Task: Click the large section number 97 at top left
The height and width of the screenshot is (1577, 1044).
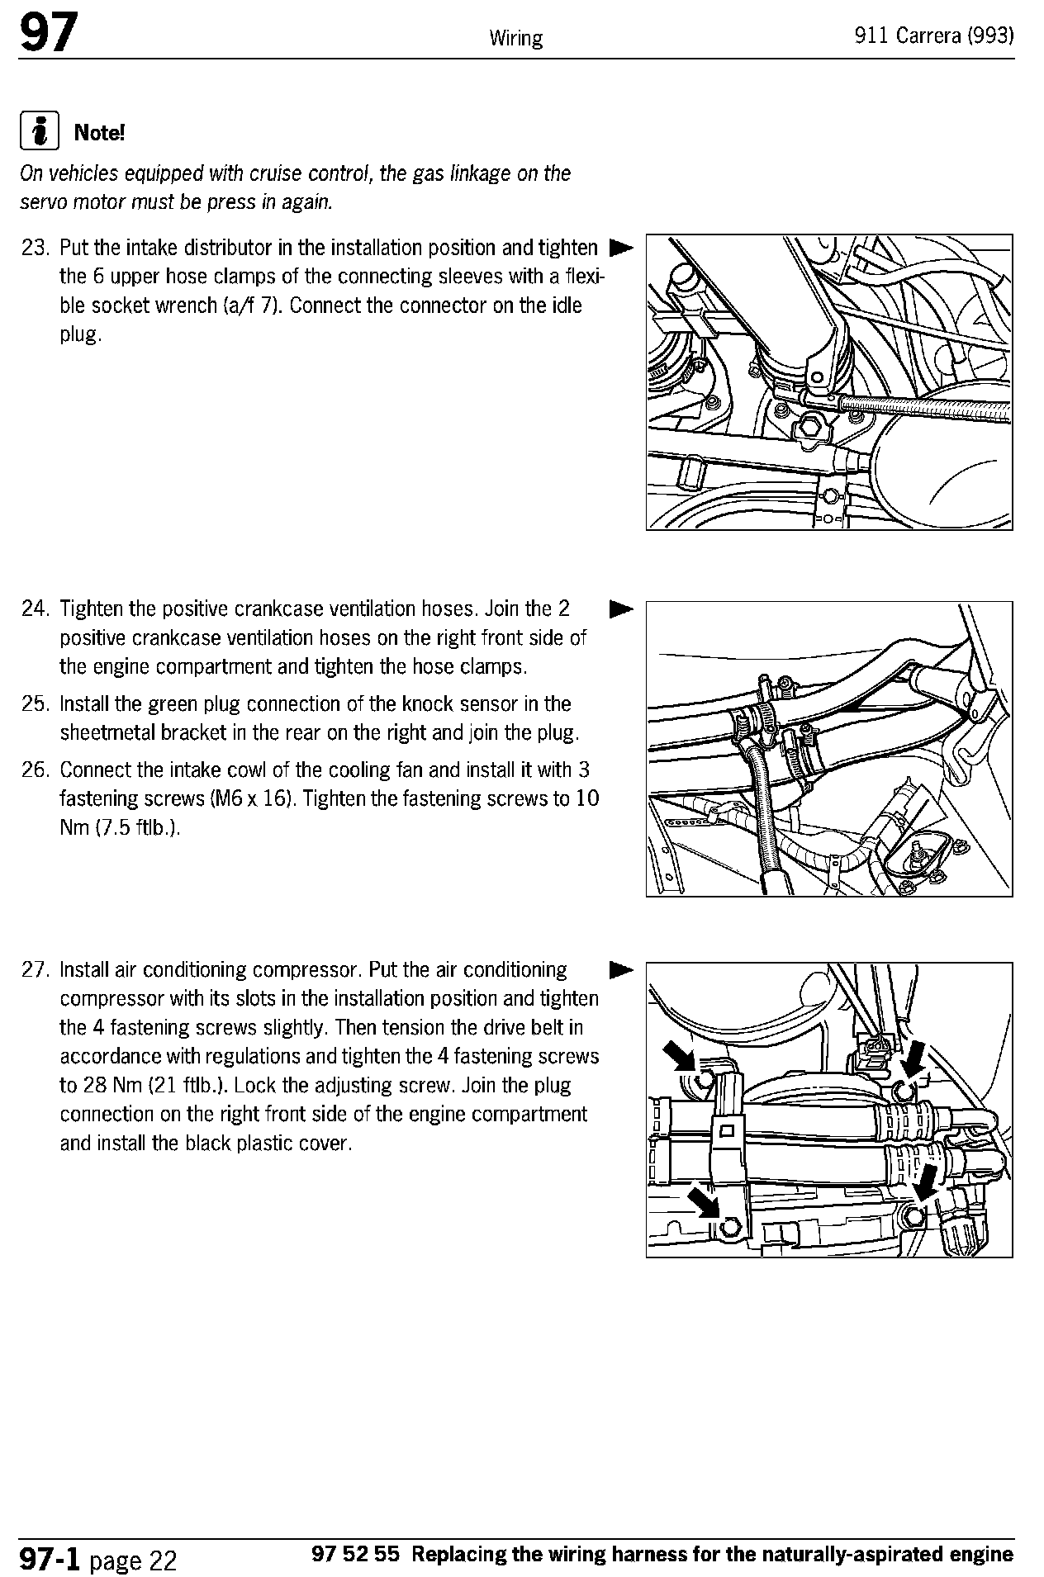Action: click(x=49, y=36)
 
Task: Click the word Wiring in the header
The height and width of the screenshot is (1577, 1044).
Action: click(x=515, y=38)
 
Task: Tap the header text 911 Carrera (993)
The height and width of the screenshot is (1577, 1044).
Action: click(x=934, y=37)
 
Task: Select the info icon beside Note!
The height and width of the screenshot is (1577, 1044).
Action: click(x=39, y=132)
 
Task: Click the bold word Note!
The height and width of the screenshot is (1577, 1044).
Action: click(x=99, y=132)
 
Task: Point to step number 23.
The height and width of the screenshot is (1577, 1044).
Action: click(x=36, y=248)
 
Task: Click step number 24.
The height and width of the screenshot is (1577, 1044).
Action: click(x=36, y=609)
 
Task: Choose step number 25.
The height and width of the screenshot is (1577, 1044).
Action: click(x=36, y=704)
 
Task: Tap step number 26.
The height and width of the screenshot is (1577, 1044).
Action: click(x=36, y=770)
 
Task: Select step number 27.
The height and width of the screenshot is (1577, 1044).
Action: click(x=36, y=969)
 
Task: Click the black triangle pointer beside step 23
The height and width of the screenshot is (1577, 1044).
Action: click(x=620, y=248)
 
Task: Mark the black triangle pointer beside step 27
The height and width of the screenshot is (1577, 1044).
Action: click(x=620, y=969)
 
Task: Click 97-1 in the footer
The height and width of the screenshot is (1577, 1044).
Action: click(x=50, y=1558)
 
